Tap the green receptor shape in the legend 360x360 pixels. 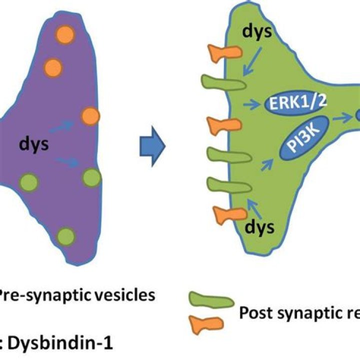pyautogui.click(x=210, y=301)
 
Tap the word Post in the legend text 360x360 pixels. pyautogui.click(x=255, y=313)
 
